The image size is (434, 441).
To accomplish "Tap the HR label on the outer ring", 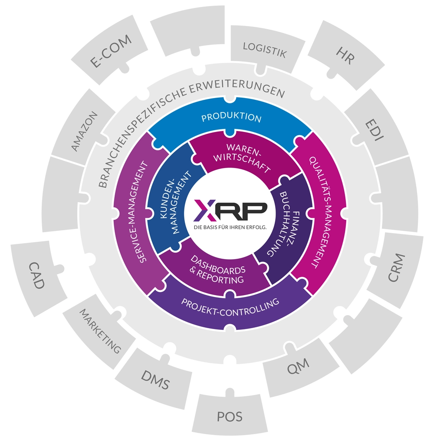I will pos(345,56).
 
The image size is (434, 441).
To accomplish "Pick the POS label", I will pos(230,417).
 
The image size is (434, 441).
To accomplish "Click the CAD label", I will pos(36,275).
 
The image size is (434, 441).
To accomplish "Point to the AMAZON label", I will pos(85,131).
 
